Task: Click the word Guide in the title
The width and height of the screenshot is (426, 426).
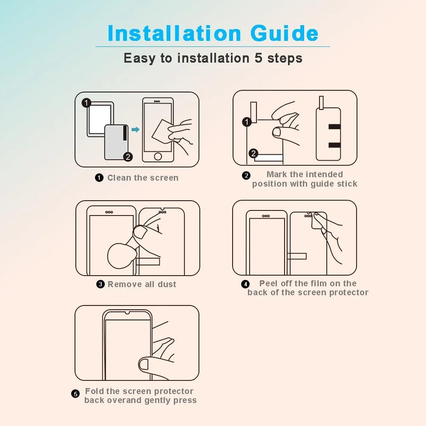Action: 284,33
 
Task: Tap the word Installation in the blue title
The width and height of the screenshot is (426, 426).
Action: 174,33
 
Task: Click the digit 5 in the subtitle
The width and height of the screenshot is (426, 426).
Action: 259,58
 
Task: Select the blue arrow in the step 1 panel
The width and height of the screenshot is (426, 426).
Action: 135,130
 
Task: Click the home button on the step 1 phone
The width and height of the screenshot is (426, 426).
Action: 158,156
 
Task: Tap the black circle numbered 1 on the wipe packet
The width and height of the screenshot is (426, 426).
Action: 86,103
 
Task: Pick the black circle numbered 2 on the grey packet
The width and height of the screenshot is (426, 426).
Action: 128,157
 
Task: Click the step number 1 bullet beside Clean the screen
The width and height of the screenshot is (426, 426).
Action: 99,178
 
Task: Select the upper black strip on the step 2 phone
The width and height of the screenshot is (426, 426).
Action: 334,127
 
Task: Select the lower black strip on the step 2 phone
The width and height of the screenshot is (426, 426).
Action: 334,145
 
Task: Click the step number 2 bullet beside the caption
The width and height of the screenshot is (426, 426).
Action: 246,176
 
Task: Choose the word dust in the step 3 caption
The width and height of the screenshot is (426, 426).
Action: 167,284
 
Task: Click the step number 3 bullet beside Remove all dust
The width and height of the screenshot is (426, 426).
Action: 101,284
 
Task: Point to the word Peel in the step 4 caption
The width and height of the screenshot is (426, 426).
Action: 268,283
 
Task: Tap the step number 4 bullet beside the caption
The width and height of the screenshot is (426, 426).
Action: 245,284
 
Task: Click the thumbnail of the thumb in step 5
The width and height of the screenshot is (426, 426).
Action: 144,364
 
